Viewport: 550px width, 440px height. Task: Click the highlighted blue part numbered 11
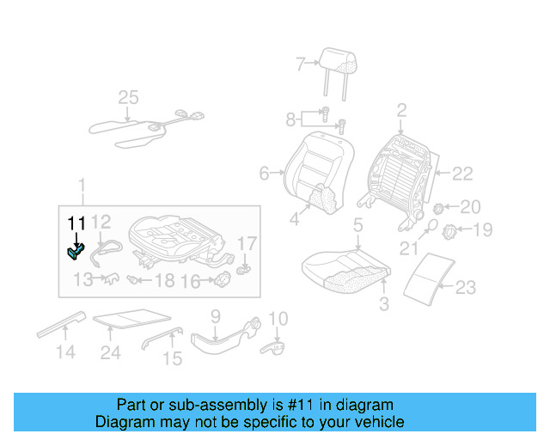click(x=75, y=250)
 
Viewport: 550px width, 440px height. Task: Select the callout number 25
click(x=128, y=98)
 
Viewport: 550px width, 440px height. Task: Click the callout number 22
click(x=462, y=174)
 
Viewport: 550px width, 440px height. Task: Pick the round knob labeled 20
click(x=437, y=207)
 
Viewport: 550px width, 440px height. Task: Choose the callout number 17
click(x=246, y=243)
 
